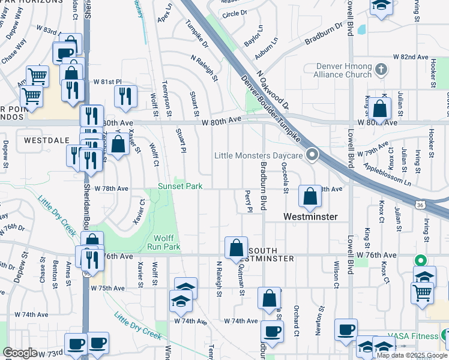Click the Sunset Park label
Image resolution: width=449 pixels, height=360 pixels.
tap(180, 187)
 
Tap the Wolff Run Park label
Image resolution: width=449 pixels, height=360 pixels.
tap(164, 242)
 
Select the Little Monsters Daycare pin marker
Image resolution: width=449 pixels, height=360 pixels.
tap(312, 155)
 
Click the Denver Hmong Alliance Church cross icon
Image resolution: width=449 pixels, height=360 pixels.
tap(380, 70)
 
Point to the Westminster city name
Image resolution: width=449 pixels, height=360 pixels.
tap(310, 216)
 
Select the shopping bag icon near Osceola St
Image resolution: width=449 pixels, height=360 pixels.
tap(310, 196)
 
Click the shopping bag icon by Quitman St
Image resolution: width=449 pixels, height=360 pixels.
tap(237, 247)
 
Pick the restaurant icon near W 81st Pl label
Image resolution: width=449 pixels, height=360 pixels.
tap(125, 96)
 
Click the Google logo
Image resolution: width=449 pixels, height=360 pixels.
tap(20, 353)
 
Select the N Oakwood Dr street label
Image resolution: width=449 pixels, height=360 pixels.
tap(273, 91)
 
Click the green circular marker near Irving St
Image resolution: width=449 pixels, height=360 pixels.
tap(421, 261)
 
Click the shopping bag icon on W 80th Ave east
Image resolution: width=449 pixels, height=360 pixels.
tap(380, 109)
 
